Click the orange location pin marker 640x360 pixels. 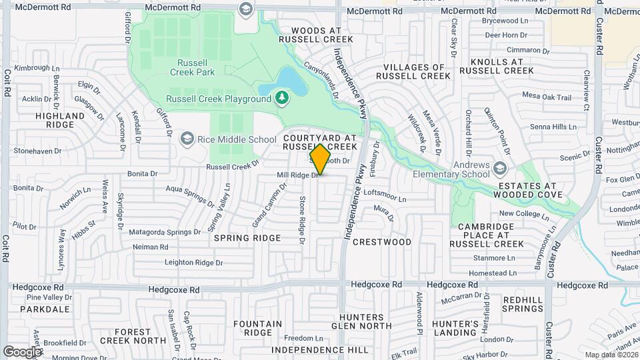320,159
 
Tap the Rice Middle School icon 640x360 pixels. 187,139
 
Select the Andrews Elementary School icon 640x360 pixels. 501,166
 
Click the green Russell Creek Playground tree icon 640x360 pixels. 282,99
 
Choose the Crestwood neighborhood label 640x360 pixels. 382,241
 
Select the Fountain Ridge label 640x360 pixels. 258,328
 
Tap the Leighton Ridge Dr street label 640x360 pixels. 193,263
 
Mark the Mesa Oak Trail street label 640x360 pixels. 547,97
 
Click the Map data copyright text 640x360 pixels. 611,355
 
